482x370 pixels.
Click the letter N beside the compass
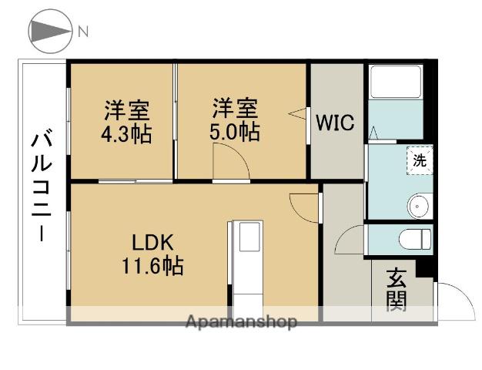[82, 32]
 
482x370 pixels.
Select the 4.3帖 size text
[126, 133]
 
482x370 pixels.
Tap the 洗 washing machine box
[420, 161]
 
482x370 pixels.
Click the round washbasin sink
[419, 207]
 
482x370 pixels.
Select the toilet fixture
[415, 239]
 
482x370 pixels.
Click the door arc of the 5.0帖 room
[230, 164]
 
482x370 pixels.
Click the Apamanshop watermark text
[241, 322]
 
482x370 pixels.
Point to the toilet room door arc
[350, 240]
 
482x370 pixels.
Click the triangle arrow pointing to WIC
[298, 114]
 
